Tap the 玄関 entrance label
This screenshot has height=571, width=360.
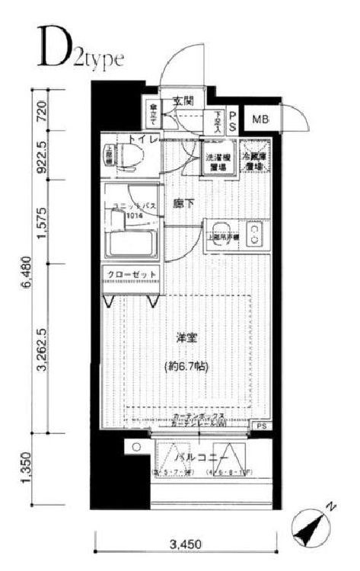183,100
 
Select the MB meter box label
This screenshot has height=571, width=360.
260,119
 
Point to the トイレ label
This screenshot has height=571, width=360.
142,139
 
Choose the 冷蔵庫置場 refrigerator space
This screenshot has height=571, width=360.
255,160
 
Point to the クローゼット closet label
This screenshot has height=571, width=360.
132,275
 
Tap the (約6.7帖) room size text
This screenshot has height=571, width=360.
186,366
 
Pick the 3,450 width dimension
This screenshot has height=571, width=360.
186,545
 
